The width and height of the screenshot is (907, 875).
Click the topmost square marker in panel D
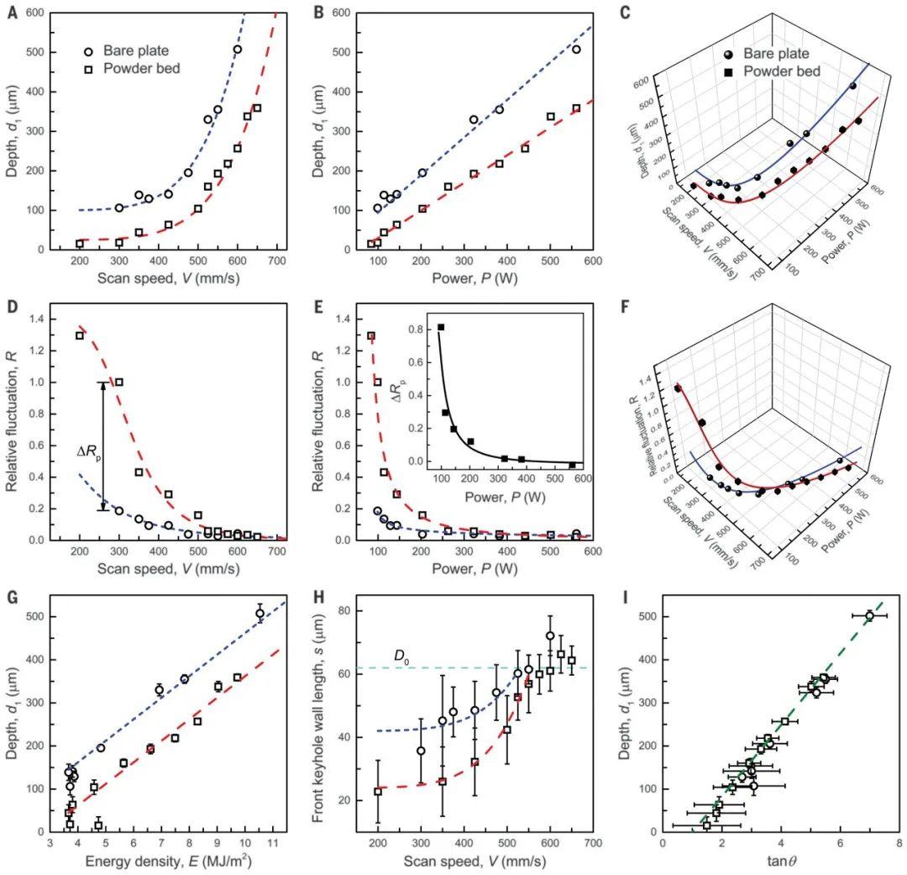tap(80, 335)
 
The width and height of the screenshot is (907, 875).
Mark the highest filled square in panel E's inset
tap(441, 327)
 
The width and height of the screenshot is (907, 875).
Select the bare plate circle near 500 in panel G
tap(260, 614)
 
